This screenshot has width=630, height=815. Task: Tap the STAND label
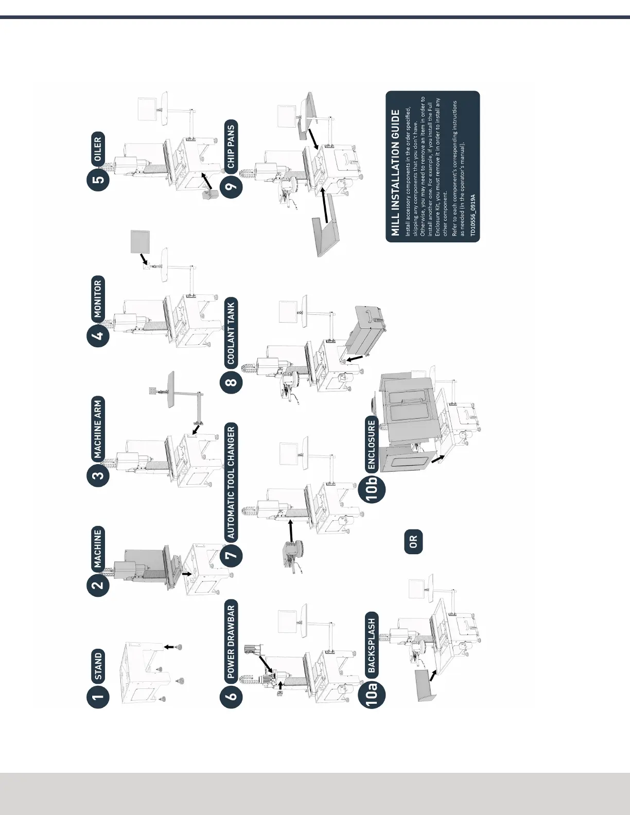pyautogui.click(x=98, y=664)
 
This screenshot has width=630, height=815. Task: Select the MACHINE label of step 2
pyautogui.click(x=98, y=548)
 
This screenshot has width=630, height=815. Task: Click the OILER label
pyautogui.click(x=98, y=148)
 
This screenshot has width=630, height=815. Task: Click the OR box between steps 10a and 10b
pyautogui.click(x=413, y=541)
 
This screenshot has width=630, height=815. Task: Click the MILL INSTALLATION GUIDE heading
pyautogui.click(x=395, y=172)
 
